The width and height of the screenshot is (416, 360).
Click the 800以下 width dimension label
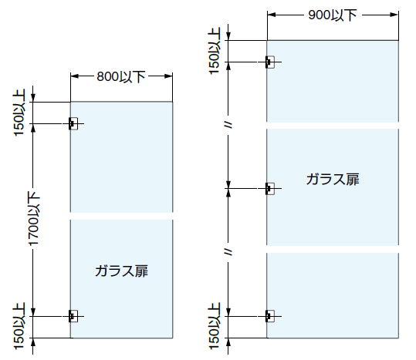click(121, 76)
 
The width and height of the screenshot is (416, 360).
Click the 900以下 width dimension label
click(333, 15)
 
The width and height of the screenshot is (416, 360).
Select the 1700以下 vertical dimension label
click(34, 219)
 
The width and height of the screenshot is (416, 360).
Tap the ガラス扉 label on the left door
click(121, 271)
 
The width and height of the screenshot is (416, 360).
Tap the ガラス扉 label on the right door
click(333, 180)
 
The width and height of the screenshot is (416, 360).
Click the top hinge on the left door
click(73, 123)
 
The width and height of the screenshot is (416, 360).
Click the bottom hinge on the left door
click(73, 316)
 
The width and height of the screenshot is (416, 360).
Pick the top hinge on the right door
click(269, 62)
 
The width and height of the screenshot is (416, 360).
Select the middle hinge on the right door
click(269, 189)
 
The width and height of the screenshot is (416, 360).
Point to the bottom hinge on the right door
click(269, 316)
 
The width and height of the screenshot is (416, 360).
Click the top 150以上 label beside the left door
click(19, 113)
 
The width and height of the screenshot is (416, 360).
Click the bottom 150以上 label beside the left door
click(19, 326)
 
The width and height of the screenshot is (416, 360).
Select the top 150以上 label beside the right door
click(215, 51)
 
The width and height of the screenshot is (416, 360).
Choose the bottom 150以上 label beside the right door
click(215, 326)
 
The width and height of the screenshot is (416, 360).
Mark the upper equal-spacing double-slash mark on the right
click(228, 125)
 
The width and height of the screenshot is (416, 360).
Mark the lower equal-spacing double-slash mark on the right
click(228, 252)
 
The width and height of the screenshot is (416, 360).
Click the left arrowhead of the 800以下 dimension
click(75, 76)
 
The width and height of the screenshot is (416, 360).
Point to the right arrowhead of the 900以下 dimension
click(394, 15)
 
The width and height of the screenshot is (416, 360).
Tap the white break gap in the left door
click(121, 216)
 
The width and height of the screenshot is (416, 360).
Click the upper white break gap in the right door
click(333, 126)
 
